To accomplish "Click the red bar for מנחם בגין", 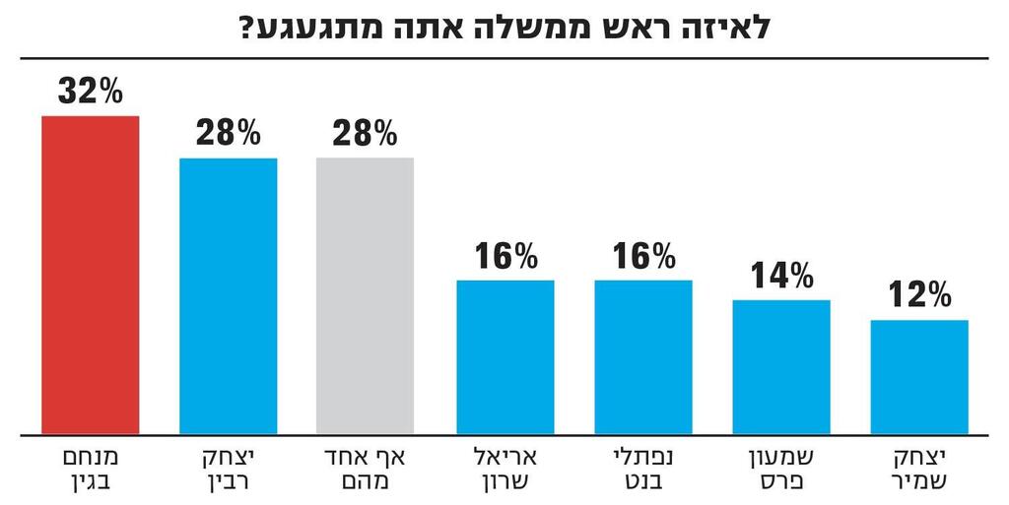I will click(90, 275).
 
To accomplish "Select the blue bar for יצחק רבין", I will click(228, 295).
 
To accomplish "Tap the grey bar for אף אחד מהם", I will click(365, 295).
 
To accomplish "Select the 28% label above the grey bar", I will click(365, 133).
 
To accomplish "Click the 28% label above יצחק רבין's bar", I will click(228, 133).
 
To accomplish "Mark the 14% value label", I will click(780, 275).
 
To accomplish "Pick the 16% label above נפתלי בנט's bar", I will click(642, 256).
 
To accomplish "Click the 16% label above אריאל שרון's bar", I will click(504, 256).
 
